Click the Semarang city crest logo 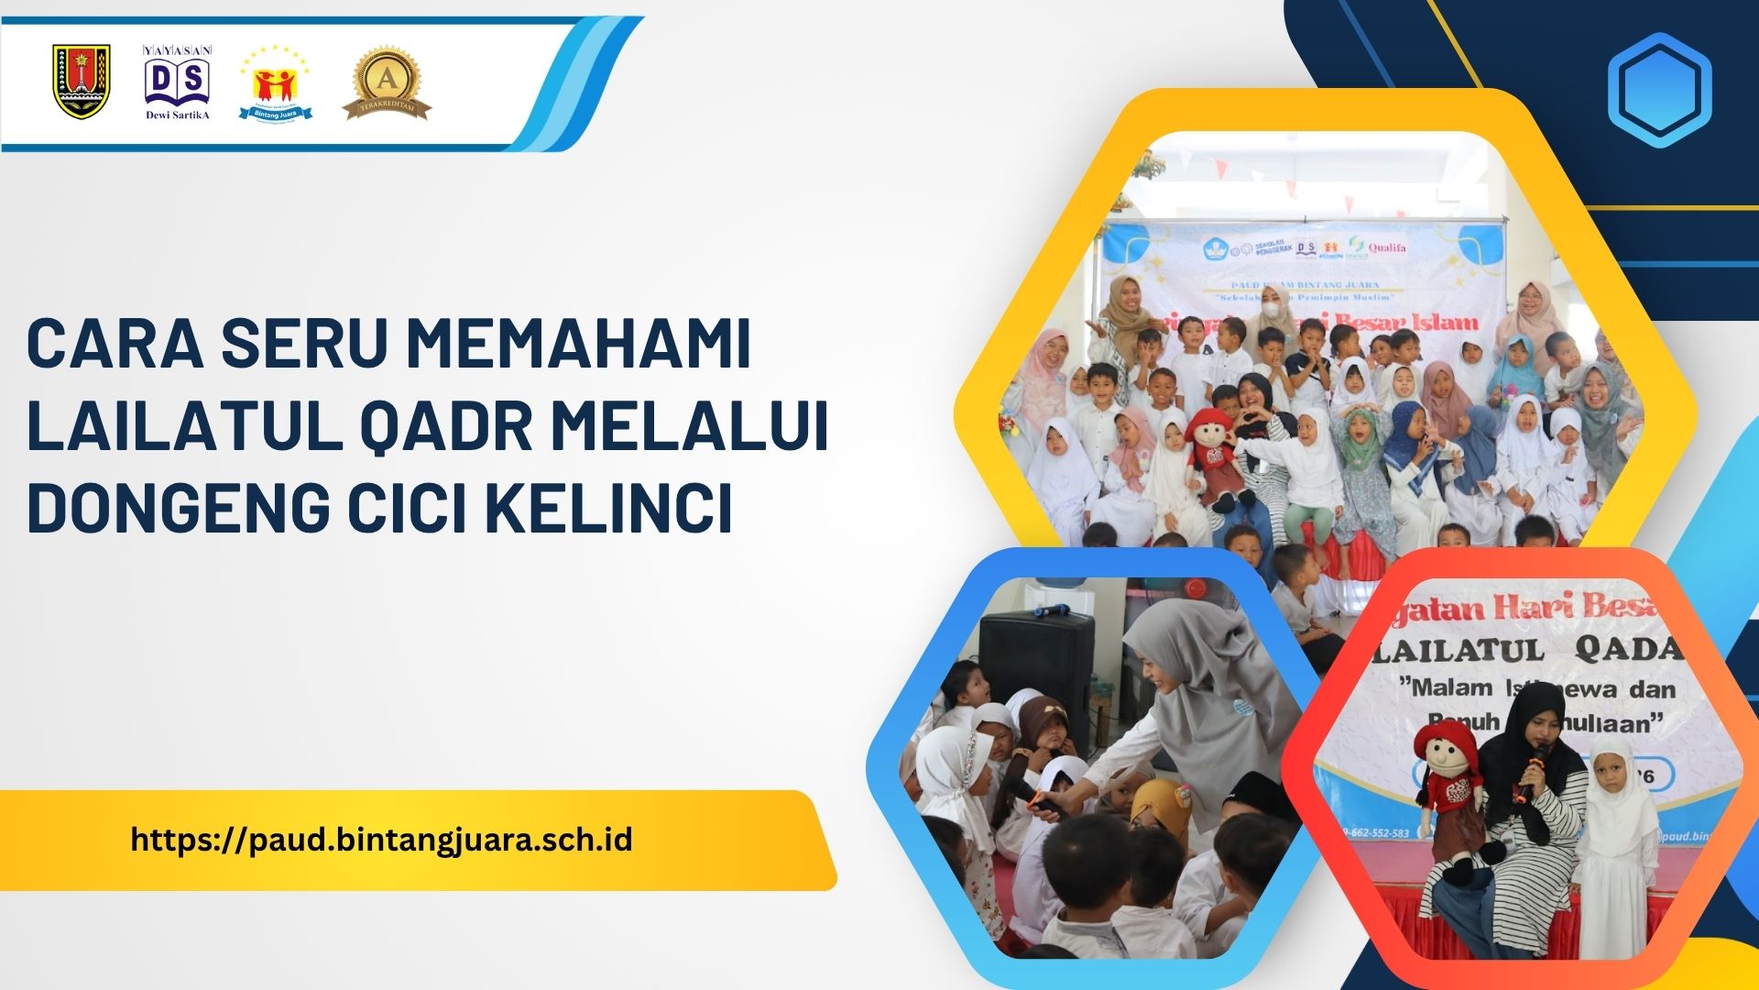pos(82,82)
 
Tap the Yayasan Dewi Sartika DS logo pos(178,82)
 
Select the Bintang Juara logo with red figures pos(276,84)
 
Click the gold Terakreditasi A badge pos(387,84)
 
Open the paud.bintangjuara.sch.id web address pos(382,840)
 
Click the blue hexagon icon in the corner pos(1659,90)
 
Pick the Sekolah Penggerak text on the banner pos(1266,248)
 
